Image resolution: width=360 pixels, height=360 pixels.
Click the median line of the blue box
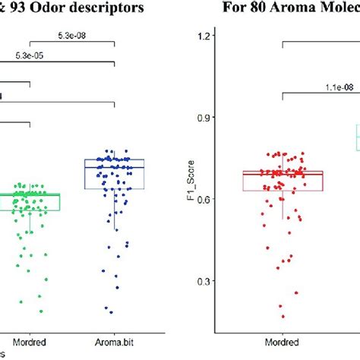click(x=113, y=166)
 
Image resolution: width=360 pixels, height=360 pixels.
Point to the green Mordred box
click(x=30, y=202)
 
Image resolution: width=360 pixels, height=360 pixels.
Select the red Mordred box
click(x=283, y=181)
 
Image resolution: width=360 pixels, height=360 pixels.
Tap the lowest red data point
click(x=283, y=317)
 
